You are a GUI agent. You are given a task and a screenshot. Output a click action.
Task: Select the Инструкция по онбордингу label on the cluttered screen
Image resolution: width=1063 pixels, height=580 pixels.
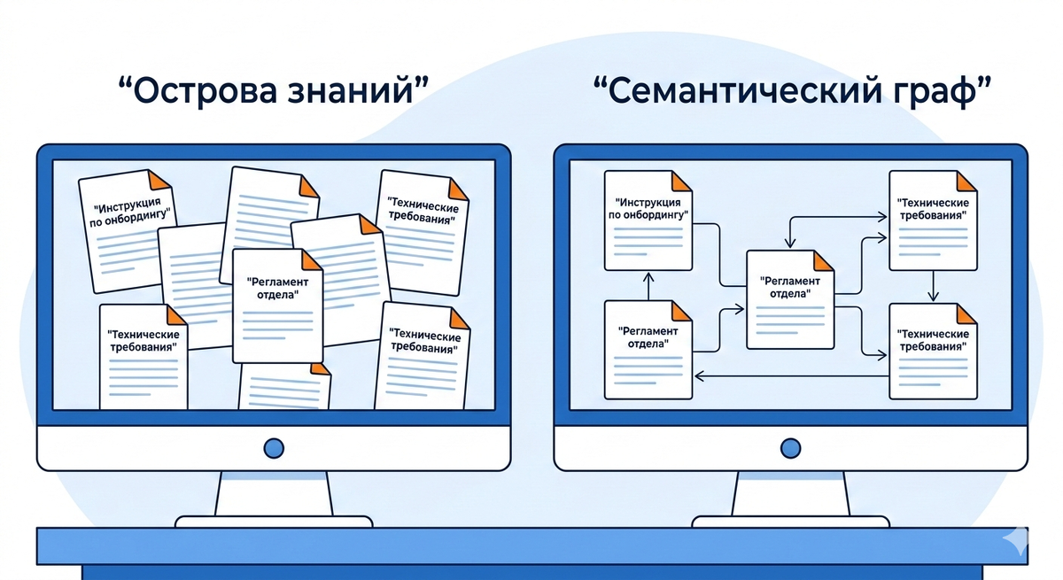[129, 213]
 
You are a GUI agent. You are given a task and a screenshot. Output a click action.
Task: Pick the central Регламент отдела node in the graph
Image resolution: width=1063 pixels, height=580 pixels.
[790, 287]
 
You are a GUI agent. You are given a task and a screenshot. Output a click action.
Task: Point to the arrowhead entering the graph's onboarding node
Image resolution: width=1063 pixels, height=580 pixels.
[648, 275]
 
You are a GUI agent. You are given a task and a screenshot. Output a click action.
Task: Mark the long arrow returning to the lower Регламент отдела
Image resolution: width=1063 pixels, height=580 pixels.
[788, 377]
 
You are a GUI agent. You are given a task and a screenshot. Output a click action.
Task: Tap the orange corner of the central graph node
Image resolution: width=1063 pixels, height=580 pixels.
[822, 259]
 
